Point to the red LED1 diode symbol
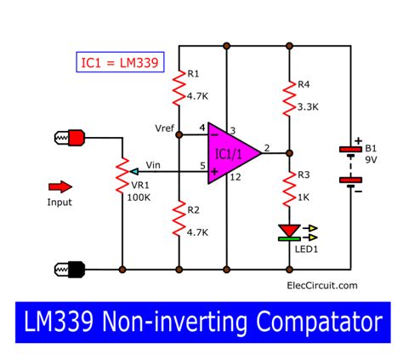pos(290,231)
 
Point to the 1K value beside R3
pos(309,198)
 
